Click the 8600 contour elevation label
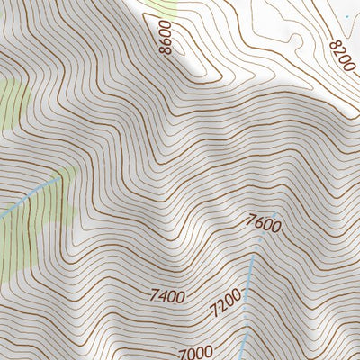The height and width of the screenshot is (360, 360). coord(168,38)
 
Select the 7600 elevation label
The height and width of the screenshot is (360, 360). coord(263,221)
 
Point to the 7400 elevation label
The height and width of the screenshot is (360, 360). coord(167,294)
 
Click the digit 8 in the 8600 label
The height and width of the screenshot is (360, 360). coord(165,50)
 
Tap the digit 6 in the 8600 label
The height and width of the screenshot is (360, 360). coord(167,42)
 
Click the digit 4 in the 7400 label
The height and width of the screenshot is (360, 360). coord(163,294)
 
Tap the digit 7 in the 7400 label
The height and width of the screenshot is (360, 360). coord(155,294)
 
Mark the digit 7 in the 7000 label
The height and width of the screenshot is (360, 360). coord(183,353)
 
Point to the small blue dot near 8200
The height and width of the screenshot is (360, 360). coord(346,16)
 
